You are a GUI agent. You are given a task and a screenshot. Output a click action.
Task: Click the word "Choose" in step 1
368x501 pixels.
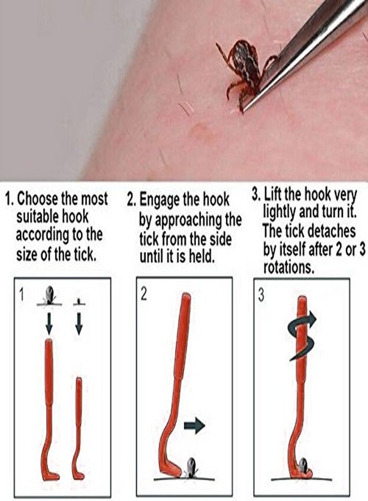pos(40,198)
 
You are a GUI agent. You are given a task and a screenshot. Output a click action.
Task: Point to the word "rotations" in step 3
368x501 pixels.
pos(288,267)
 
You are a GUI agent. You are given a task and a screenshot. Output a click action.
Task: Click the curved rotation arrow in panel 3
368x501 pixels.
pos(301,334)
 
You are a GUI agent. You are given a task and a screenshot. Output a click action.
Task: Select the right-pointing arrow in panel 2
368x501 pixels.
pos(194,426)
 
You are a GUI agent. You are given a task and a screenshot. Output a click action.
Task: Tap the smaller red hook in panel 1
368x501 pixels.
pos(78,423)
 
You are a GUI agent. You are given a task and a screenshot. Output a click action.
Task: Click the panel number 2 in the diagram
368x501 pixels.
pos(144,294)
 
